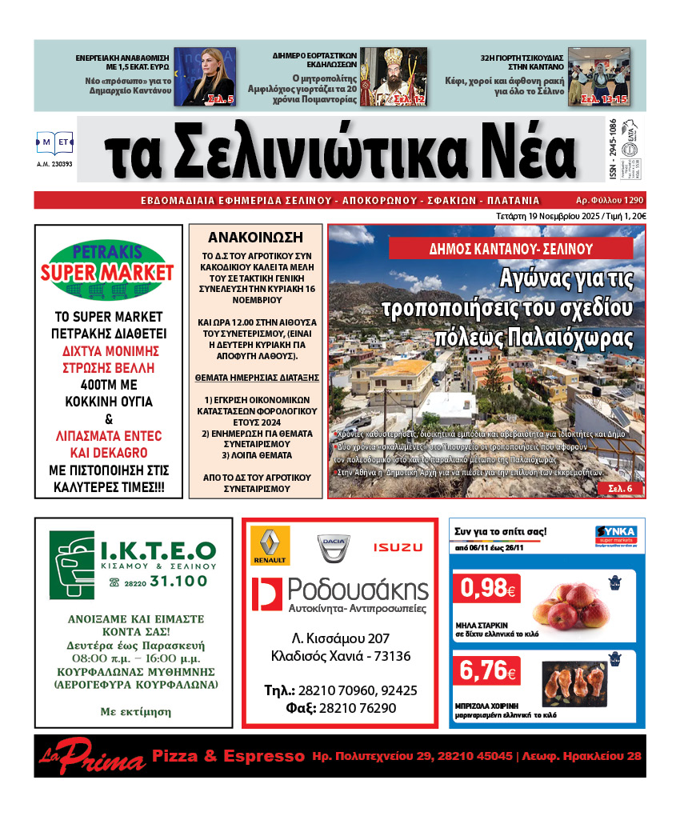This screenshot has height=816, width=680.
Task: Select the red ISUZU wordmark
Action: [x=398, y=547]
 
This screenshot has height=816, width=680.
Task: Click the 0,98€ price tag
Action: [x=486, y=590]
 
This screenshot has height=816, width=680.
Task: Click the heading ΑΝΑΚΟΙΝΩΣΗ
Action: [x=255, y=237]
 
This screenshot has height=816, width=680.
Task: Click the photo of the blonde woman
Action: [x=205, y=77]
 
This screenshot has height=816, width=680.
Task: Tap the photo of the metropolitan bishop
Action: [x=393, y=77]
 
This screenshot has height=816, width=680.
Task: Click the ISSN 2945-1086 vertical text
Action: [x=612, y=149]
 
